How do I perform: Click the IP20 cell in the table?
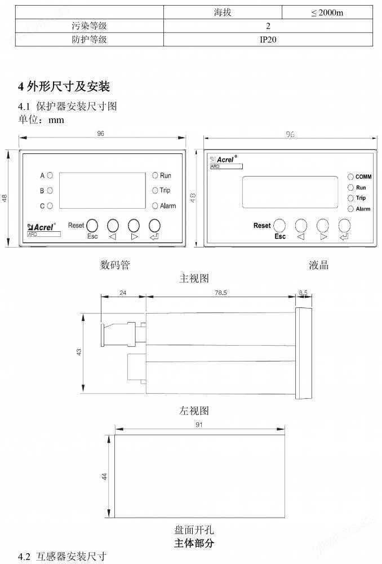268,39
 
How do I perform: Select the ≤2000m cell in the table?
327,12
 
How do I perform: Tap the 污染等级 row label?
89,26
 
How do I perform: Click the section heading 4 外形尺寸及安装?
64,86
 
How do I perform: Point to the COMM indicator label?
363,177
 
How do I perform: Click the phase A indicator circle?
50,175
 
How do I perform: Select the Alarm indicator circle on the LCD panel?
351,209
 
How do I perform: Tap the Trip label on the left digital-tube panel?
165,190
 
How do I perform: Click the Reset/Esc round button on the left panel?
92,226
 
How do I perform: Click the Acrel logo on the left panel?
42,227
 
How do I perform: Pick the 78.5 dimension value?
221,293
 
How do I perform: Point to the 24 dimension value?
123,293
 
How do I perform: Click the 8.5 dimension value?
303,292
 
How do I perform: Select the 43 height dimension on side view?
79,352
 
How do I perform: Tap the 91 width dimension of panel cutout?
199,425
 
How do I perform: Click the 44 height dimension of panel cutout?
104,476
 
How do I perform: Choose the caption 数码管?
115,265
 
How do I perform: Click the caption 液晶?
318,265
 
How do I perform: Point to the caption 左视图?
194,411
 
